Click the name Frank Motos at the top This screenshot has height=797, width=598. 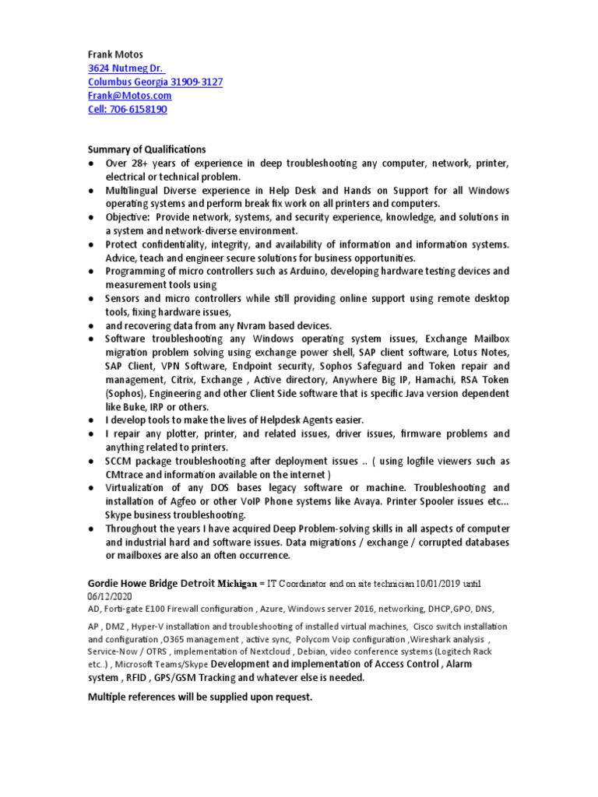coord(115,55)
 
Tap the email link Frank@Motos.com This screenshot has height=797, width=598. coord(129,96)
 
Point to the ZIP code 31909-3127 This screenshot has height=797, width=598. coord(197,82)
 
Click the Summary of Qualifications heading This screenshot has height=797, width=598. coord(146,149)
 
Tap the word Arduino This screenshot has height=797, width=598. coord(339,272)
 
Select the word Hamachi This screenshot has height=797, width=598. coord(437,380)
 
